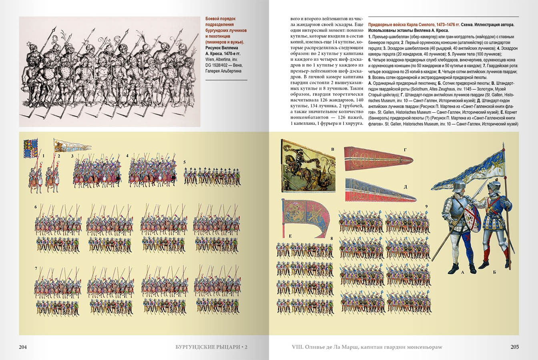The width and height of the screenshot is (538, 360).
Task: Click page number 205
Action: point(514,347)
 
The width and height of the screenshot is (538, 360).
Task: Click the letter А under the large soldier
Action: point(462,272)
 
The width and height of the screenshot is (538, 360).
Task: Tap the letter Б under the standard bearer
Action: point(494,272)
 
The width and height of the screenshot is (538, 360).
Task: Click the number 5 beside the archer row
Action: point(185,162)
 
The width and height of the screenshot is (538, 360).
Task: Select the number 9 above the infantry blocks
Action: point(426,206)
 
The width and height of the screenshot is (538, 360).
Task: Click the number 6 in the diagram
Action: point(36,207)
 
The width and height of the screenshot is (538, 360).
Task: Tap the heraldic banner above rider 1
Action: point(31,148)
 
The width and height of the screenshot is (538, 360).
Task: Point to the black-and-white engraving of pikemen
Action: point(109,71)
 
